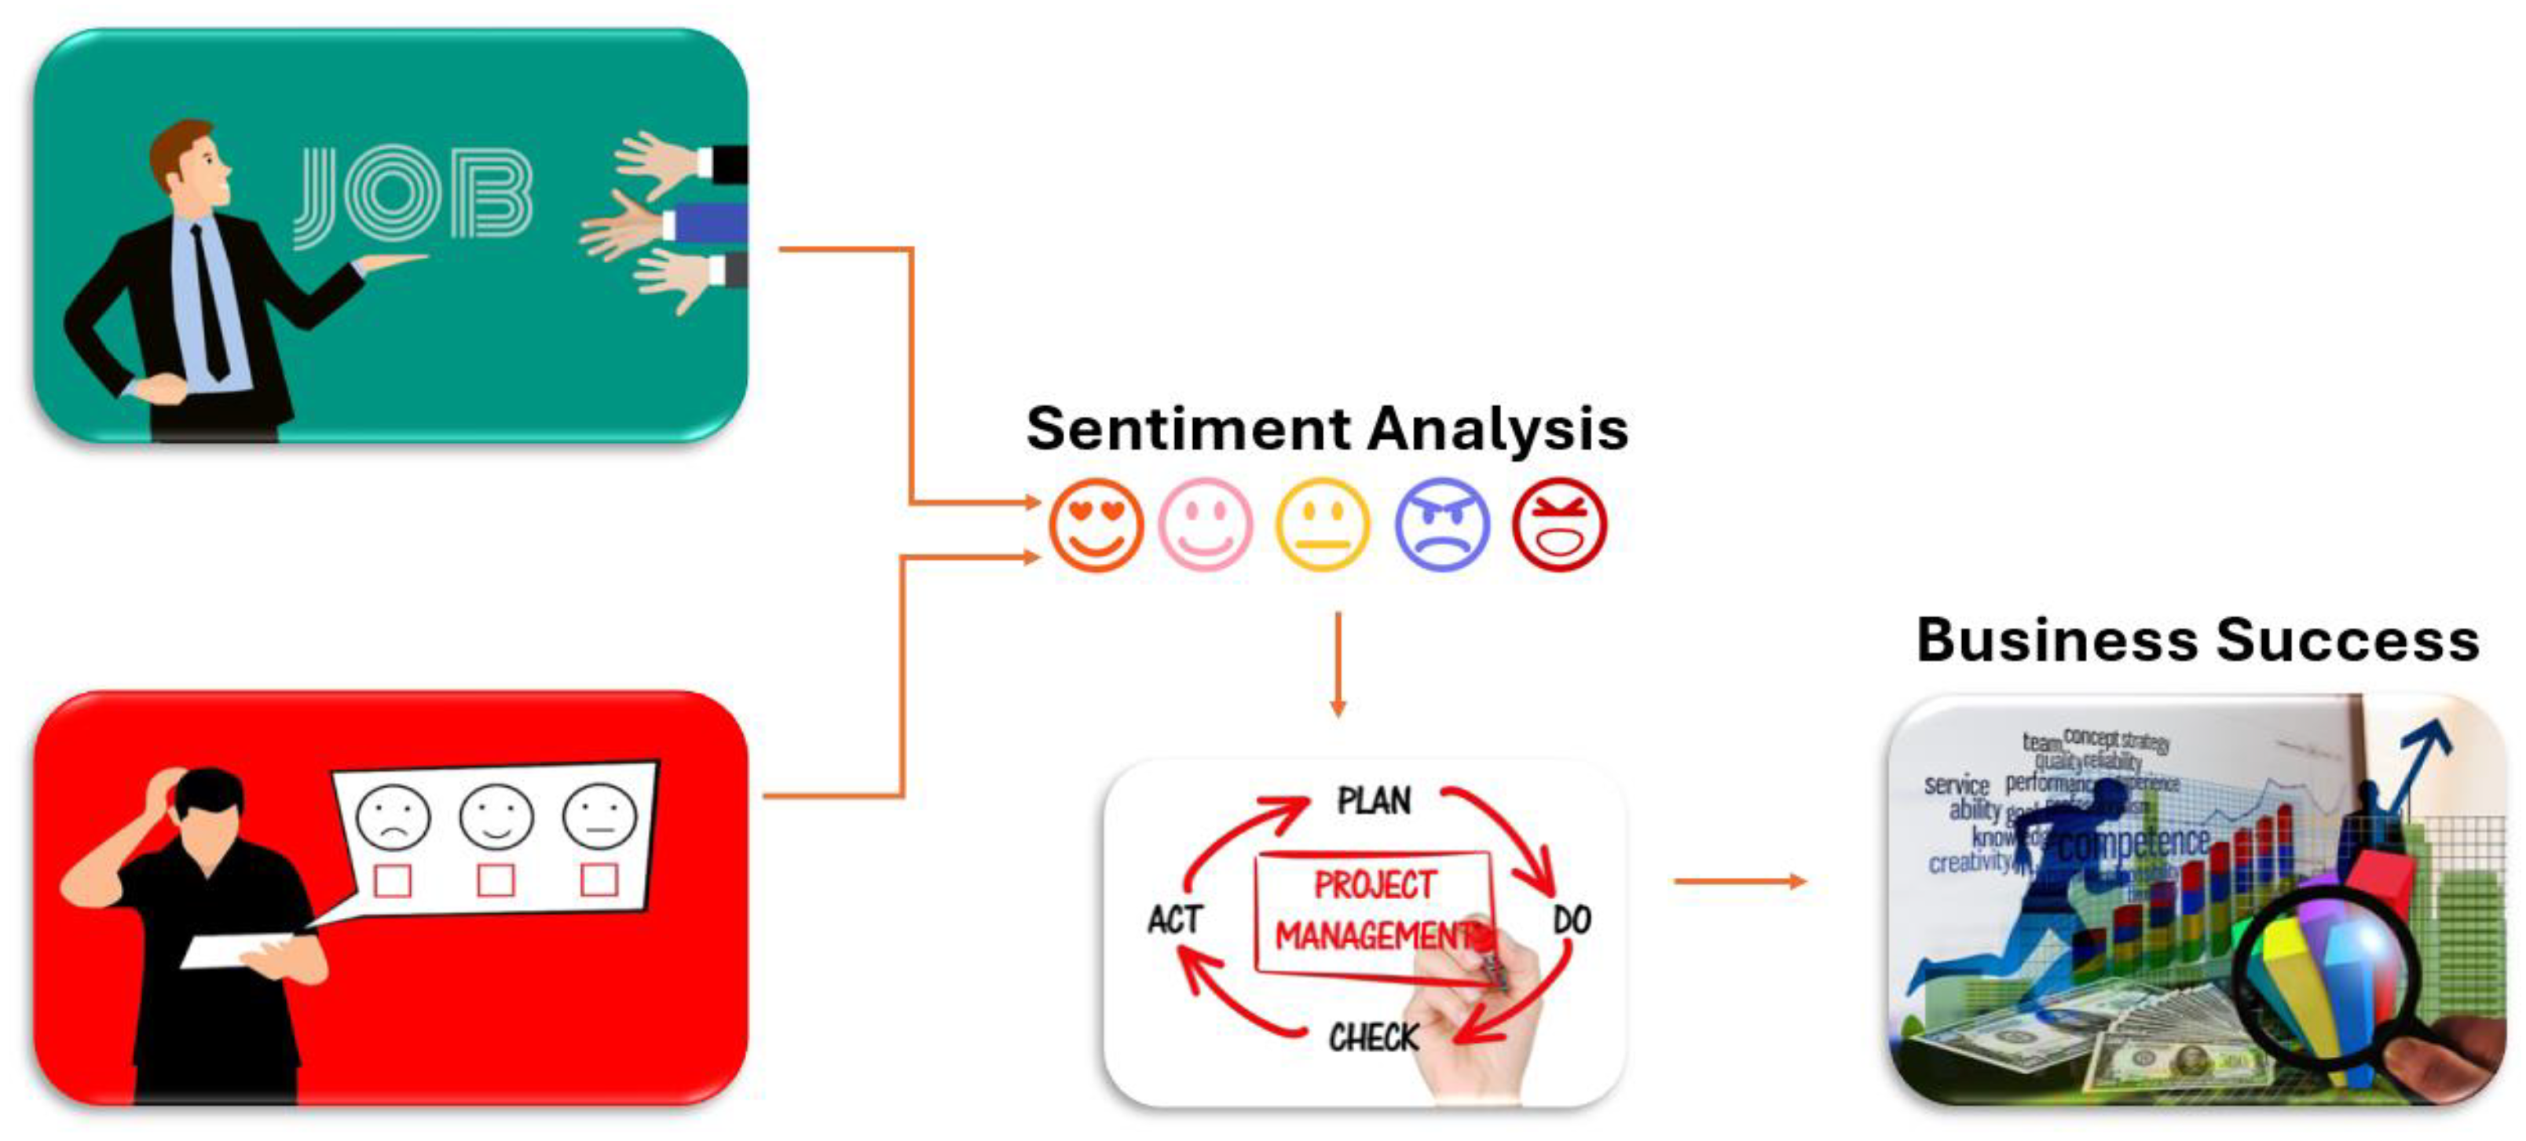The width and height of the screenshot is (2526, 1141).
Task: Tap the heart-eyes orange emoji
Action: (1096, 525)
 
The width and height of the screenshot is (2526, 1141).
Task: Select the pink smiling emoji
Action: (1205, 525)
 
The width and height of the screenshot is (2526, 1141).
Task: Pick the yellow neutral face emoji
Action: (1322, 525)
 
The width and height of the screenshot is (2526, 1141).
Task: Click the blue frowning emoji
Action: (1441, 525)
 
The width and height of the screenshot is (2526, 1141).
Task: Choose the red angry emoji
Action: (1559, 525)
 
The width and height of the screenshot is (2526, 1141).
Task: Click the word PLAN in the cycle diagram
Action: (1374, 801)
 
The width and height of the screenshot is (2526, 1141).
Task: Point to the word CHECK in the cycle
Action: (1373, 1037)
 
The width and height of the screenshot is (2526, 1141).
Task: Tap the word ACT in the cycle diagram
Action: (1175, 920)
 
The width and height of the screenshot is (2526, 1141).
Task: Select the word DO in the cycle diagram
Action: (1572, 920)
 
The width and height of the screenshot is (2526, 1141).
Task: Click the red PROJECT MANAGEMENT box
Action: (1373, 912)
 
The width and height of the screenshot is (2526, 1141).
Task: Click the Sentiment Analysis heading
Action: (1327, 430)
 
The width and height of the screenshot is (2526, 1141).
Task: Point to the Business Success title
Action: (2198, 640)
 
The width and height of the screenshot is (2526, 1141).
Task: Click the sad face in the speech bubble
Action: (392, 816)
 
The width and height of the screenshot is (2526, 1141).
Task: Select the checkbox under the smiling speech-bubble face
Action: (495, 880)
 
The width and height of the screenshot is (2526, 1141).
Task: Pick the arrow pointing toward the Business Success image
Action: (1738, 881)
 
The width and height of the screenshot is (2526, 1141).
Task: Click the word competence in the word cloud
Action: (2132, 843)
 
